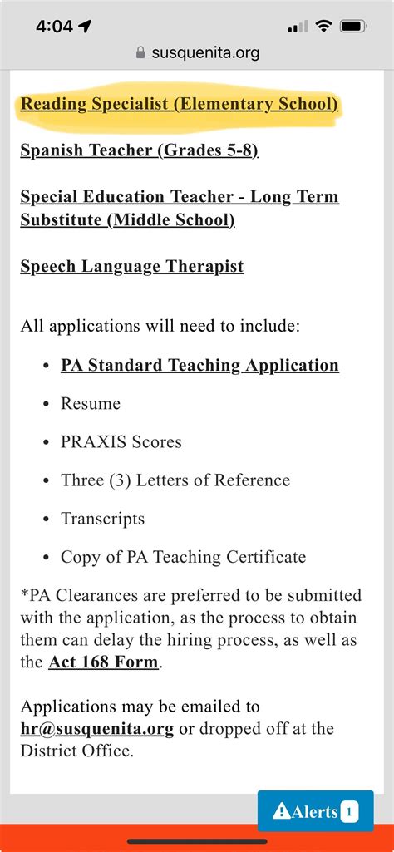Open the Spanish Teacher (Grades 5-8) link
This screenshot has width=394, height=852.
tap(139, 150)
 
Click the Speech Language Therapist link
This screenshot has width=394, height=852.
tap(131, 266)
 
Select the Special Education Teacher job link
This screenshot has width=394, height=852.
tap(179, 197)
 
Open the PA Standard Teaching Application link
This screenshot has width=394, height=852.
tap(199, 365)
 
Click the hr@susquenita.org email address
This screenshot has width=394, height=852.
tap(96, 729)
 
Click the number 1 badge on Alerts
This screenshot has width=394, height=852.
tap(349, 812)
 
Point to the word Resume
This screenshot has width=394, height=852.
tap(91, 404)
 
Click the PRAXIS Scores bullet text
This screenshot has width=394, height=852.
tap(121, 442)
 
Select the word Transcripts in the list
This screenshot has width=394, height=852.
tap(102, 519)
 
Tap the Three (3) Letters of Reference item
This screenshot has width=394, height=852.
tap(175, 480)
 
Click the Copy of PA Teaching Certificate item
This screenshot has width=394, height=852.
tap(183, 557)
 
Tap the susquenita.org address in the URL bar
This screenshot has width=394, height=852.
tap(205, 52)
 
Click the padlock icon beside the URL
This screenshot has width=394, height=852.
tap(140, 52)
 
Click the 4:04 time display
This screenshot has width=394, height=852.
tap(54, 26)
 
